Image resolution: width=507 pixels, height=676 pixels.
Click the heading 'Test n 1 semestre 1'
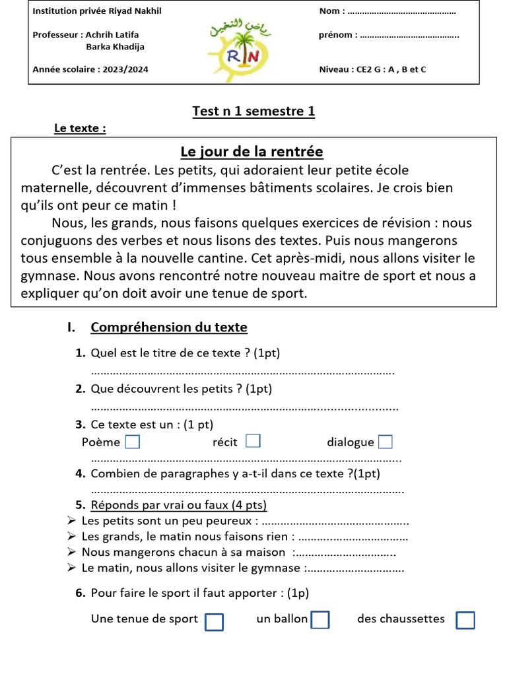253,112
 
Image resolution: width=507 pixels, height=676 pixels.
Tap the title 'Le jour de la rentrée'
252,152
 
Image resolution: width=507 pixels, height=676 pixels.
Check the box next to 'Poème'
133,442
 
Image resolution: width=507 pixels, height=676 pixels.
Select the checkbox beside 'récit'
253,441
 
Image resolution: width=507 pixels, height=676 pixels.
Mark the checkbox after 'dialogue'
386,442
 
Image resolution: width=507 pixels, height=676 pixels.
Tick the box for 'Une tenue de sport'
215,622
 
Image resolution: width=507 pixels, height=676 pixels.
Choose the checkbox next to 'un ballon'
320,620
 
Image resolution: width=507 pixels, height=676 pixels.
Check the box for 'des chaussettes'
465,620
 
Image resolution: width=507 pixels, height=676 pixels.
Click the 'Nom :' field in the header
401,12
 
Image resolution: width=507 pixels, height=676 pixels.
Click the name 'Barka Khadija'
115,46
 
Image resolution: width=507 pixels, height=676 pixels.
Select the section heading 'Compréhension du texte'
169,327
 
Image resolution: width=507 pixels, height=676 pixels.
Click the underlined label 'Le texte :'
80,129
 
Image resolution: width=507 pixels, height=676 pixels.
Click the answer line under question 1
242,372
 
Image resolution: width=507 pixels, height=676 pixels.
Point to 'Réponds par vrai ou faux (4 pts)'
178,506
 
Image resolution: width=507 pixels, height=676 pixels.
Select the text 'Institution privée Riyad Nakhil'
97,11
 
